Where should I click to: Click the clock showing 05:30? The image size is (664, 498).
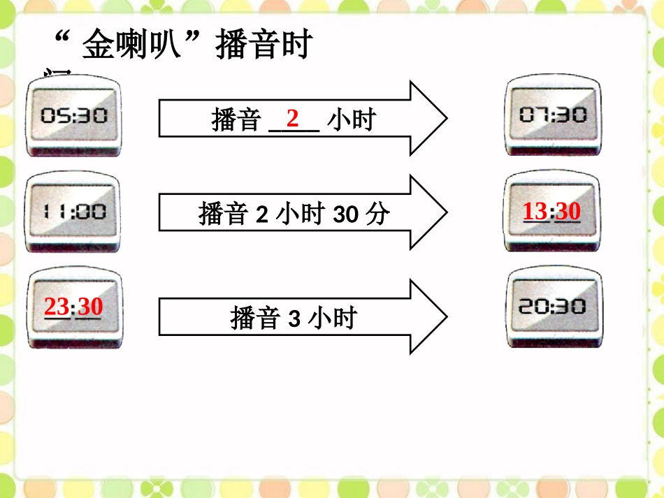point(73,116)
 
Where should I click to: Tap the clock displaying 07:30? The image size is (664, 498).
point(554,115)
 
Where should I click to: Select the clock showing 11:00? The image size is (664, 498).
point(73,212)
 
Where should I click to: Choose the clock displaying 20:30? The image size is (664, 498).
point(554,307)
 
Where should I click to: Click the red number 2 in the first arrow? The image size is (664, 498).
point(293,118)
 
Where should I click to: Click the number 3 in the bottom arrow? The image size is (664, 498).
point(294,319)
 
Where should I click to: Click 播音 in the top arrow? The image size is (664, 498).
point(236,120)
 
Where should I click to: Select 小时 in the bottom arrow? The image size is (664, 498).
point(332,318)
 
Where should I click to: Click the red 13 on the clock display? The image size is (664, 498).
point(535,211)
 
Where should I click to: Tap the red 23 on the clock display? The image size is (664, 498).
point(57,307)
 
